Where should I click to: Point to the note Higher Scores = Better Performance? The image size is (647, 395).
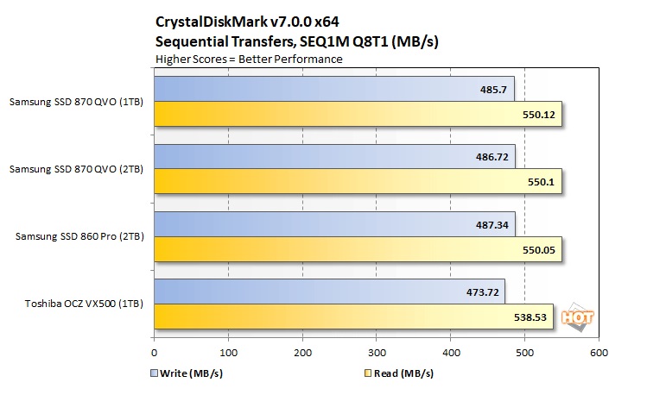pyautogui.click(x=249, y=59)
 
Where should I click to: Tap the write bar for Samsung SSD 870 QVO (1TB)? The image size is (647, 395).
pyautogui.click(x=333, y=89)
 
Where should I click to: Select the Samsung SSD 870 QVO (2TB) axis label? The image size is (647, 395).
pyautogui.click(x=76, y=169)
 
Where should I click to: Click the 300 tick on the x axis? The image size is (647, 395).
pyautogui.click(x=377, y=353)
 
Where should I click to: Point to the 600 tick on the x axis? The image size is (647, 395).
pyautogui.click(x=599, y=353)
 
